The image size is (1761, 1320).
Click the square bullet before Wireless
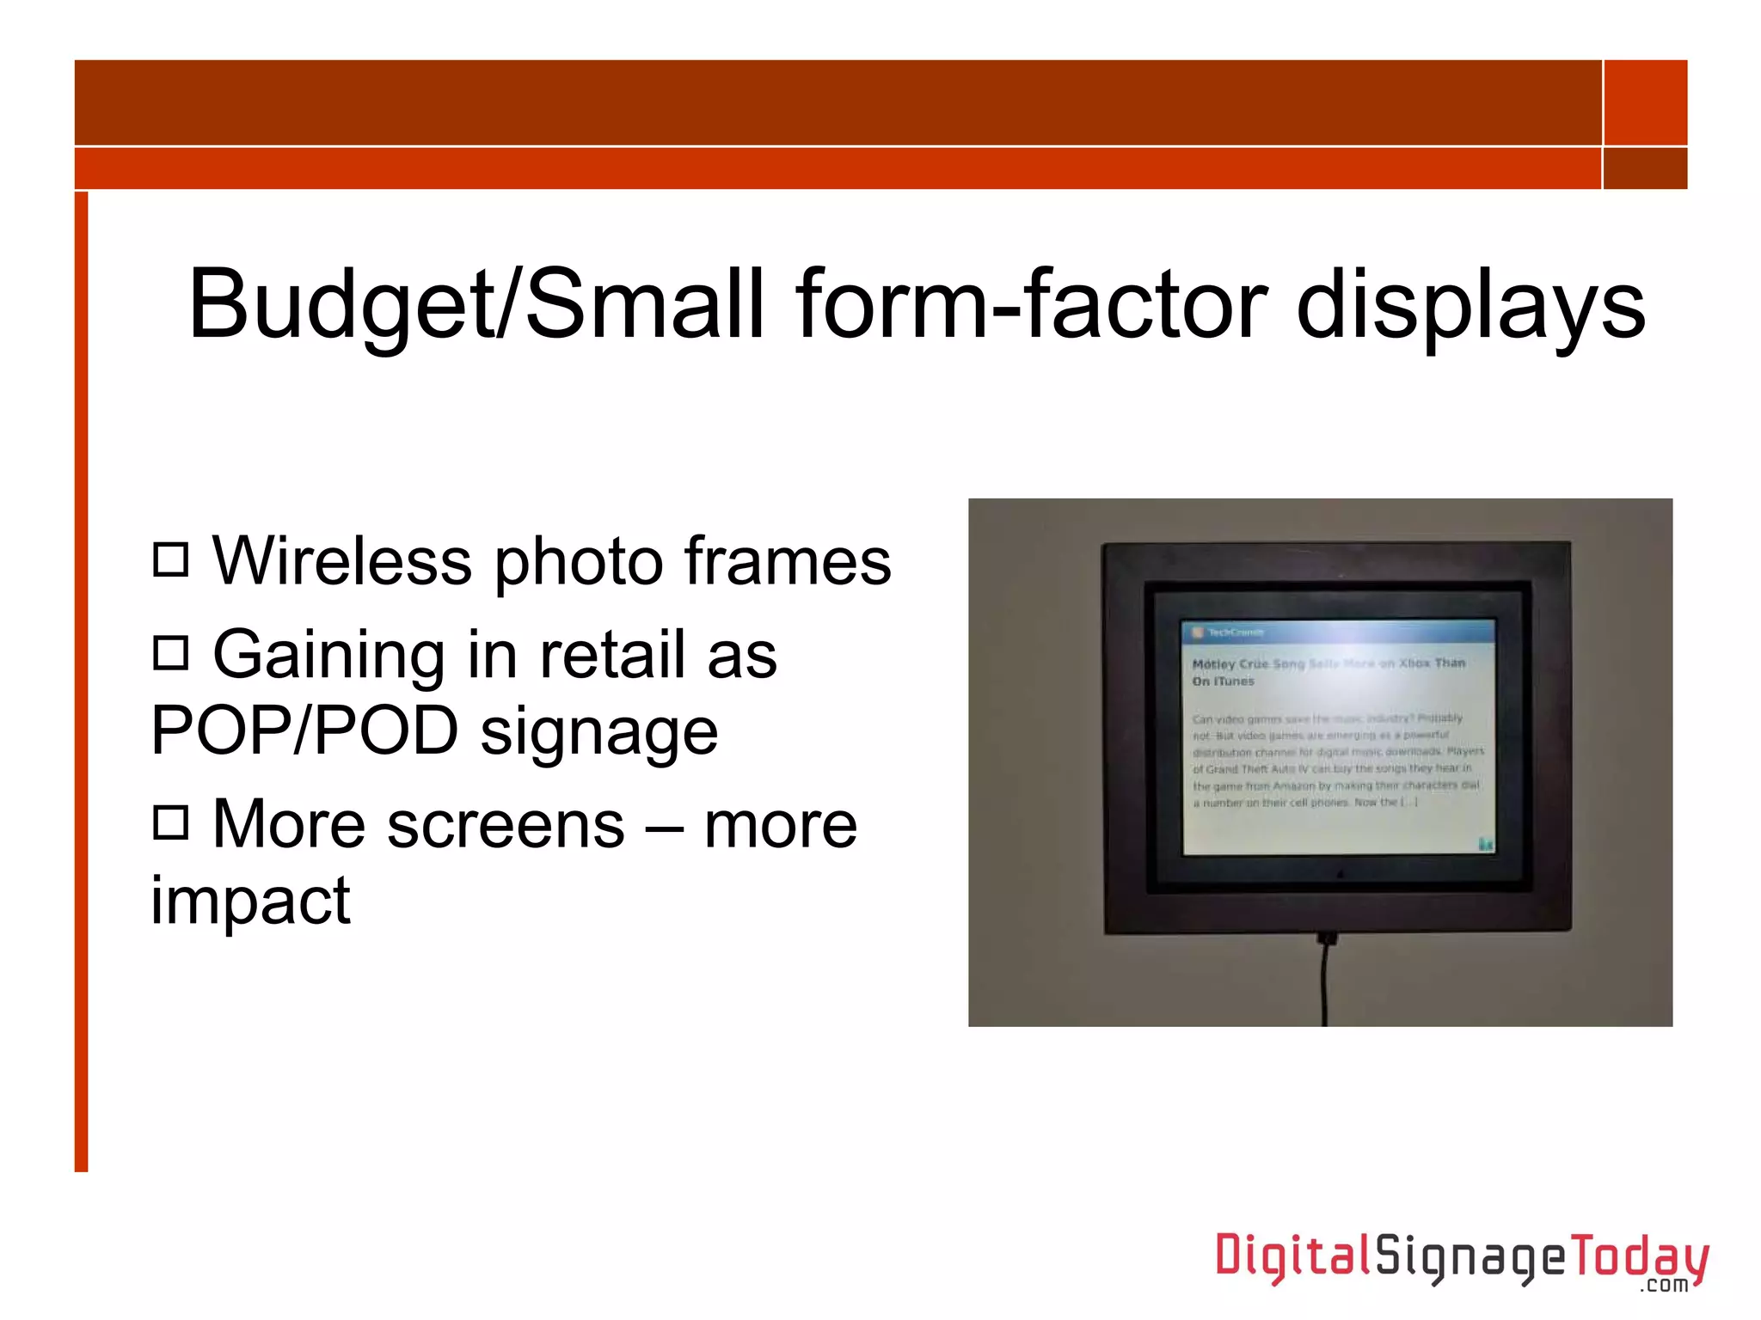pos(170,559)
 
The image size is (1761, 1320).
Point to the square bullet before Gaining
pos(170,652)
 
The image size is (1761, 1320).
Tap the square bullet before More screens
pos(170,822)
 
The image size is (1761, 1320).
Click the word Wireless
pos(341,561)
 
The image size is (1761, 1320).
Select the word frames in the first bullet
pos(787,561)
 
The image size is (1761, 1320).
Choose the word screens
pos(506,825)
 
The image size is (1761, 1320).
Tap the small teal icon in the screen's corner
pos(1485,844)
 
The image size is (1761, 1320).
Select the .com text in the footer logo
pos(1664,1286)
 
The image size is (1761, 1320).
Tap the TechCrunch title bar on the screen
pos(1338,632)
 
